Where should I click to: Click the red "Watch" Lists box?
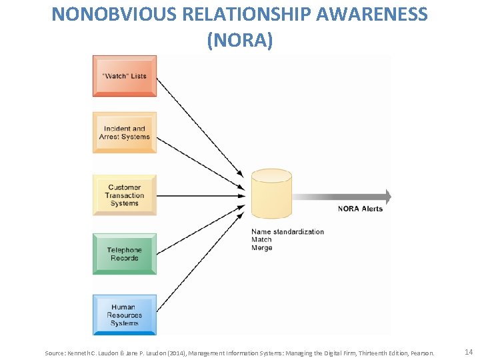125,76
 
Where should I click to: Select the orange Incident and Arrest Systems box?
125,133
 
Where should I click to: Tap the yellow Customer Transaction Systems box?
125,195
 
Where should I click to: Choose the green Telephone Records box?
125,254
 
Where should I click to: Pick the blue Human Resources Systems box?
125,315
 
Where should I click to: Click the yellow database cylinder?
271,194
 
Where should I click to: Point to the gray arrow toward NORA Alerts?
340,197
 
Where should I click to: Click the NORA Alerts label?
360,209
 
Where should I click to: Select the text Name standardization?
287,232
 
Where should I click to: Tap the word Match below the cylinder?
261,240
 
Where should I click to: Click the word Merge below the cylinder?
262,248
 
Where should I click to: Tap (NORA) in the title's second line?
240,40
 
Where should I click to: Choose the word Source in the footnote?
55,353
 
